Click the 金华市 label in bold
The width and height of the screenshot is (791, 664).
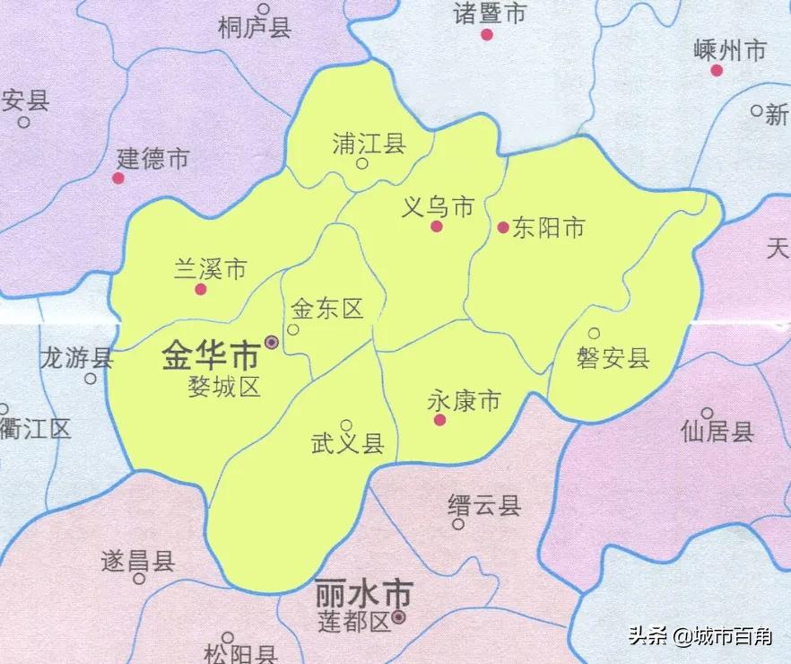(x=210, y=356)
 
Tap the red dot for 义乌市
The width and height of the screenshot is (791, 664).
(x=436, y=226)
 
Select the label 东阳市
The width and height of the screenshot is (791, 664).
(x=549, y=228)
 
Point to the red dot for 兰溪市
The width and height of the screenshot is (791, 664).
(x=201, y=289)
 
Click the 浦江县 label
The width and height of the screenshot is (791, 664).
(x=369, y=143)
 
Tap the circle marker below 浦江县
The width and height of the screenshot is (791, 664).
(x=362, y=164)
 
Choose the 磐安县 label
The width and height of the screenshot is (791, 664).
(x=613, y=359)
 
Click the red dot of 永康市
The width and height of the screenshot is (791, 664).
(x=439, y=419)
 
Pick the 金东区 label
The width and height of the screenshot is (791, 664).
(x=327, y=310)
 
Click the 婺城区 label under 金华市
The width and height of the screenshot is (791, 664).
(x=223, y=387)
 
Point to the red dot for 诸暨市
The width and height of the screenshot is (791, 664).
(x=487, y=35)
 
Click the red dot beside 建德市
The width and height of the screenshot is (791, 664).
(x=117, y=178)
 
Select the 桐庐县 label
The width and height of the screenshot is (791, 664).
(x=255, y=30)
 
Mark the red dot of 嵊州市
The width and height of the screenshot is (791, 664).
(x=717, y=70)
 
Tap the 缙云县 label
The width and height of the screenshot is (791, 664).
(x=484, y=505)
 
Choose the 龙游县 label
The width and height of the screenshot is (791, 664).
(x=77, y=359)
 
